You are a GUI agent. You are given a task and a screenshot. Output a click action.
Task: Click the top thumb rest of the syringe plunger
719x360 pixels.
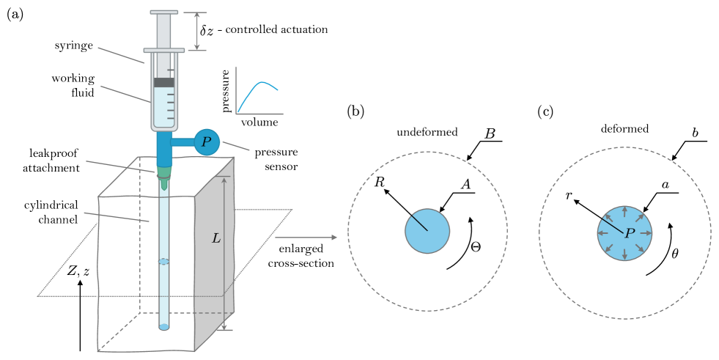[164, 12]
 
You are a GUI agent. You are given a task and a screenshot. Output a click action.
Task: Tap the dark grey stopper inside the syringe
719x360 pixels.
[164, 83]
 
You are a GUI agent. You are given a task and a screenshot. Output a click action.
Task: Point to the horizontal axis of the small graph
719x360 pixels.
[259, 114]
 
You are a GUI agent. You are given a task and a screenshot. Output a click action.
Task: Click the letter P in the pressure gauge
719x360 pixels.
[206, 142]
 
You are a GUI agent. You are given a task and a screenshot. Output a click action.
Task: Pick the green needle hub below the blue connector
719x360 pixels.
[164, 174]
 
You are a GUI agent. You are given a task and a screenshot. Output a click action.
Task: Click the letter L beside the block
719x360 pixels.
[216, 239]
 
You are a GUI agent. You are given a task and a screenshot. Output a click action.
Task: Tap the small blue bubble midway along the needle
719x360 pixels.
[163, 262]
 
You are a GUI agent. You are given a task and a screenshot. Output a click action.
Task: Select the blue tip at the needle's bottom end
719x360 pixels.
[164, 327]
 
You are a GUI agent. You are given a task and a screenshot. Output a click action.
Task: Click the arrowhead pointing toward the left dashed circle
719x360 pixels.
[334, 238]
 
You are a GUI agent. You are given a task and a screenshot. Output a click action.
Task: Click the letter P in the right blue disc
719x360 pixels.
[629, 234]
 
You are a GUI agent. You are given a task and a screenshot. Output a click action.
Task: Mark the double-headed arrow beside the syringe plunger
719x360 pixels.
[196, 31]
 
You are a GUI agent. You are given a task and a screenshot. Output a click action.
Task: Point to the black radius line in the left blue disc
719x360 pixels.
[419, 222]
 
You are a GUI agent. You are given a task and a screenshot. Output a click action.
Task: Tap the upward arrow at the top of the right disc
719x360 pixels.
[624, 212]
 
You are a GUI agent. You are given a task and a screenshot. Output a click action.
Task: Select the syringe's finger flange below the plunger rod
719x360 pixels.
[164, 51]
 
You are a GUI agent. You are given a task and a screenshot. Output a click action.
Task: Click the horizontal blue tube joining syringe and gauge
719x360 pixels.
[183, 142]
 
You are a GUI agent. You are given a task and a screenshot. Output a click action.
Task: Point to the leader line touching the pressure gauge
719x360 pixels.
[235, 146]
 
